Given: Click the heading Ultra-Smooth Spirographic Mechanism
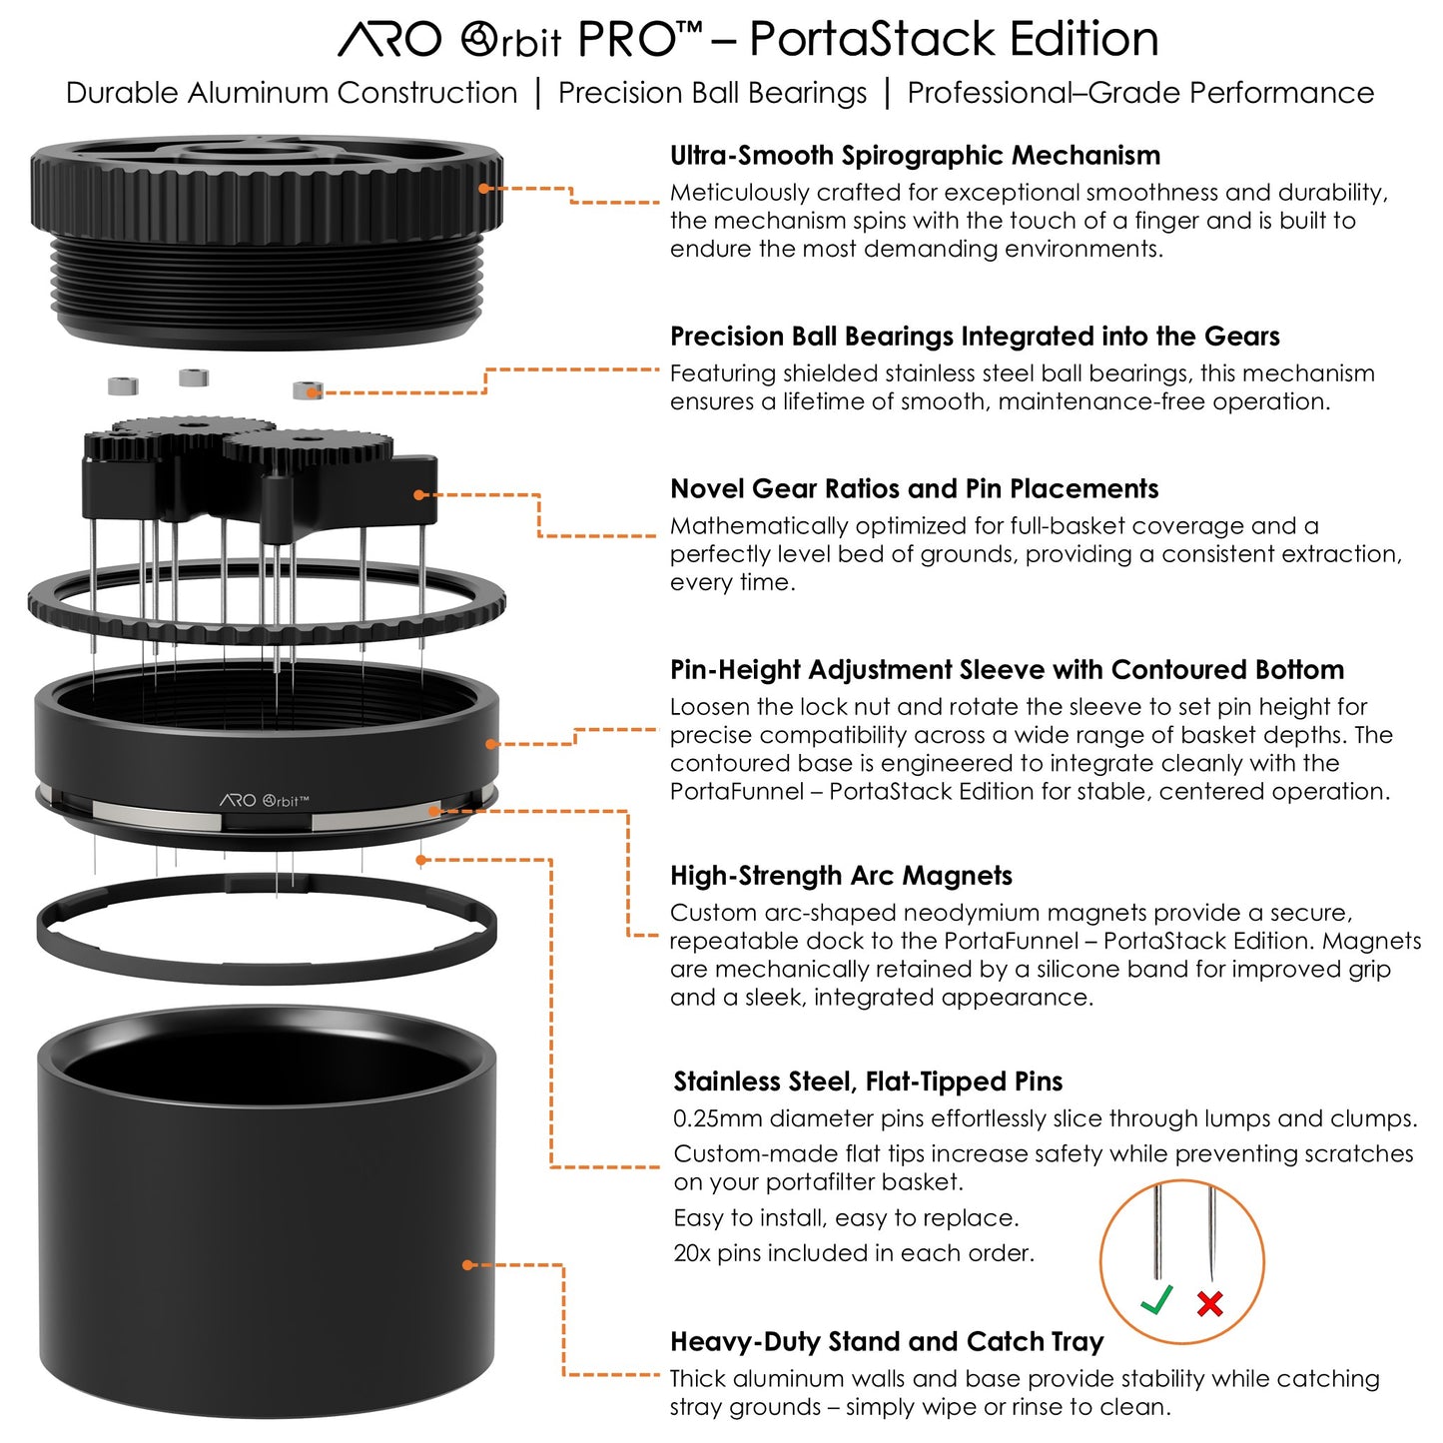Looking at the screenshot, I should (915, 156).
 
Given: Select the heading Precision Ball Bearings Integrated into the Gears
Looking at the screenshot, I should (974, 337).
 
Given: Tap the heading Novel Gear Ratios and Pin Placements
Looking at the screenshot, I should (914, 489).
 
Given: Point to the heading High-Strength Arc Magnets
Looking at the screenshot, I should (841, 876).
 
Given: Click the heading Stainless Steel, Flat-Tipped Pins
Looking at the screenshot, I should (868, 1082).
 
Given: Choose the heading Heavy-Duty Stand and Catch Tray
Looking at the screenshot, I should (887, 1341).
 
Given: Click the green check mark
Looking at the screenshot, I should (1156, 1300).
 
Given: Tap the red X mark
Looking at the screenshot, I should (1210, 1303).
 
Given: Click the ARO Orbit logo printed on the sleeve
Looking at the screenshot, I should (264, 800).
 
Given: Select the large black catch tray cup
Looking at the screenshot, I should (266, 1228).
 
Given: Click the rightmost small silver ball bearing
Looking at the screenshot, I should (308, 389).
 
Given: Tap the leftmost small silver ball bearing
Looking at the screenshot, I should (122, 385).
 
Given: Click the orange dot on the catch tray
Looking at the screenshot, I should (467, 1265).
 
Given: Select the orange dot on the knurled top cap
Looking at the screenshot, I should (484, 188).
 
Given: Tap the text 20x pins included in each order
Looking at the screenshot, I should (854, 1253).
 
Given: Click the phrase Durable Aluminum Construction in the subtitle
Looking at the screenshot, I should (292, 93).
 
